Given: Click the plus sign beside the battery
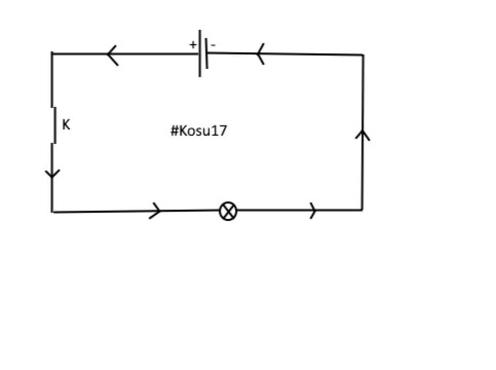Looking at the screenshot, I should pos(193,45).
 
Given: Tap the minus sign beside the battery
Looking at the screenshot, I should pos(214,46).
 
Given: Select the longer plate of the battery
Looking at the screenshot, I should pos(200,53).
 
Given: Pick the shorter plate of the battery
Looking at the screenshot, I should pos(207,54).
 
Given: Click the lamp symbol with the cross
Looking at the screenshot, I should pos(228,211).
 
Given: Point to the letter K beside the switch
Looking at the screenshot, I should pos(66,125).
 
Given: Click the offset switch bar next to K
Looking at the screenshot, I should pos(55,125).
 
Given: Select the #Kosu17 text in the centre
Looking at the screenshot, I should pos(199,130).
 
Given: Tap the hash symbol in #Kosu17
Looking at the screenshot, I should pos(174,130).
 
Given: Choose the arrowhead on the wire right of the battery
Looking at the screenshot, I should pos(260,53).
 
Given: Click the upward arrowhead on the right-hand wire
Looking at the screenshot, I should pos(362,134).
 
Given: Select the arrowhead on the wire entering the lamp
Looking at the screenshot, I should pos(156,211).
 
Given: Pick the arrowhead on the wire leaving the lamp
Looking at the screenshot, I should pos(313,211).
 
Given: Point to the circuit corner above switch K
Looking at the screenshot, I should pos(52,53).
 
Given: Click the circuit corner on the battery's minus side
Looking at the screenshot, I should pos(363,55).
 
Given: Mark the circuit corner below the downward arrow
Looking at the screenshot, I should pos(52,212).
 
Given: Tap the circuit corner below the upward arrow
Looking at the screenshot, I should pos(362,210).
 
